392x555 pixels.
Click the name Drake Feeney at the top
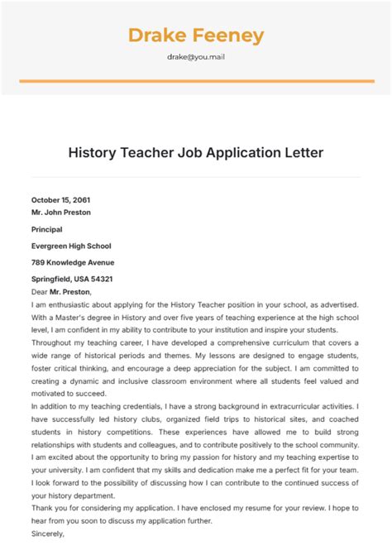196,36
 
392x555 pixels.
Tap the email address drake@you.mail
196,58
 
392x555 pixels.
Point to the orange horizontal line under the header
196,81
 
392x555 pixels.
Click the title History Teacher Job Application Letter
196,153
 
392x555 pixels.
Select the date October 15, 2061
60,200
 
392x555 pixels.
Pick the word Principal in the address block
47,229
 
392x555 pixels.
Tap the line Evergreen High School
71,246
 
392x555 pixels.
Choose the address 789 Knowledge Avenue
73,262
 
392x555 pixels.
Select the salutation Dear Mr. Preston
62,291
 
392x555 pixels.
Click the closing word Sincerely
49,533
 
